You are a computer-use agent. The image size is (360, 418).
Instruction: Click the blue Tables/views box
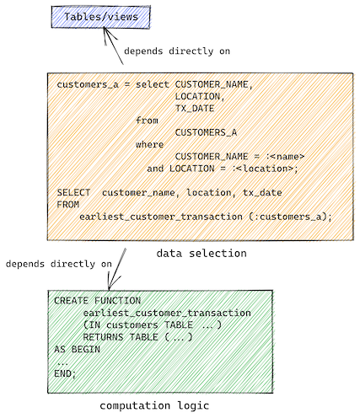click(x=100, y=17)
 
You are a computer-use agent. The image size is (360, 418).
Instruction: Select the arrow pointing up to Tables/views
click(x=113, y=46)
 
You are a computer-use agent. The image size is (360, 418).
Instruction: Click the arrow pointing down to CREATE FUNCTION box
click(x=116, y=269)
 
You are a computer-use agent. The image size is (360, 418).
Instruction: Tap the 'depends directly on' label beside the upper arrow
click(x=177, y=51)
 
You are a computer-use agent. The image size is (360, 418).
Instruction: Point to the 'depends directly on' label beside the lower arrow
click(x=59, y=264)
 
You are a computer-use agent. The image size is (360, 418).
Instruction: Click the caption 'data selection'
click(x=201, y=254)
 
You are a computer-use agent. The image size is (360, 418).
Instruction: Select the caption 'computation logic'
click(x=154, y=405)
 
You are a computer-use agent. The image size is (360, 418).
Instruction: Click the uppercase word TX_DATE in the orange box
click(x=195, y=109)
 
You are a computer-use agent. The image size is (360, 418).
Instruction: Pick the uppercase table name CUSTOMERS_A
click(x=206, y=132)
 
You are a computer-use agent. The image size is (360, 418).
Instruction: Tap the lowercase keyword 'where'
click(x=149, y=144)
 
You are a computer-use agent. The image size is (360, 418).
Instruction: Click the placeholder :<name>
click(x=285, y=157)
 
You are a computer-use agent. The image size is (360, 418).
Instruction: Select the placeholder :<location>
click(x=265, y=169)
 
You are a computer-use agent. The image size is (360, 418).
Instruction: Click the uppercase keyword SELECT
click(x=73, y=193)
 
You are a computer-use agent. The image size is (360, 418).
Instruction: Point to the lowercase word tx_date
click(x=262, y=193)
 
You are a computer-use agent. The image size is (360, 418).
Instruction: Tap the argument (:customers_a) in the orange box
click(x=290, y=217)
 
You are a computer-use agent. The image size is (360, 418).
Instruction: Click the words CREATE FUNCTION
click(x=97, y=301)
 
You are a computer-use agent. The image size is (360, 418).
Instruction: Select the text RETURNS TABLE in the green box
click(x=121, y=337)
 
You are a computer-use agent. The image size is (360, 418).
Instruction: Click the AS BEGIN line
click(x=77, y=350)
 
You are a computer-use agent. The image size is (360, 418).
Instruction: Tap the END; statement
click(x=65, y=374)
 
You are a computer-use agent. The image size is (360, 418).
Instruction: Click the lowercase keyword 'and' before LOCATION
click(x=155, y=169)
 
